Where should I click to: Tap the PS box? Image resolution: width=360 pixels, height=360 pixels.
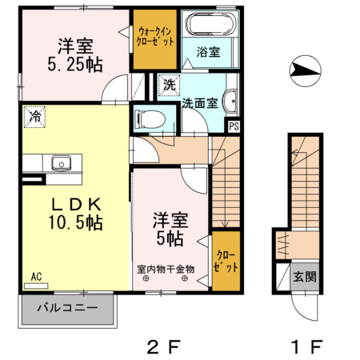click(x=234, y=125)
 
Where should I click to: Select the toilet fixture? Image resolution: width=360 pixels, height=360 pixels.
click(x=150, y=119)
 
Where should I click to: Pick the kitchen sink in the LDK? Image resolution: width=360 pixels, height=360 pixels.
click(x=61, y=163)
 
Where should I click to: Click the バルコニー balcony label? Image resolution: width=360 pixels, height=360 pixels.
click(x=66, y=307)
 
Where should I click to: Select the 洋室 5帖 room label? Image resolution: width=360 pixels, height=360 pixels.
click(x=170, y=228)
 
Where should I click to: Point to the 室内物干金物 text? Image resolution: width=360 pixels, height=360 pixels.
click(x=165, y=269)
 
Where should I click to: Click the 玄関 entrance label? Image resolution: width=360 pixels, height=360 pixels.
click(x=303, y=277)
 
